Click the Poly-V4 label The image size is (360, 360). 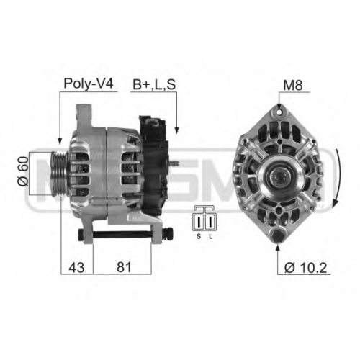[x=88, y=84]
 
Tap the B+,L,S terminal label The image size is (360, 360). [x=154, y=85]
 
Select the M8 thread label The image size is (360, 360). [x=293, y=85]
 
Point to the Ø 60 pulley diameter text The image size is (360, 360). [x=23, y=171]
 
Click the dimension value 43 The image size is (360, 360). [x=76, y=267]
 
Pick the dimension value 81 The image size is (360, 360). [x=124, y=267]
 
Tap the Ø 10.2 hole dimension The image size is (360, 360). [x=305, y=267]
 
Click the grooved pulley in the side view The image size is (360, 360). [x=59, y=174]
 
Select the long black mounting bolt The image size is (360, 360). [x=125, y=234]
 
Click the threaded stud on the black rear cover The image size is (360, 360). [x=174, y=163]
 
